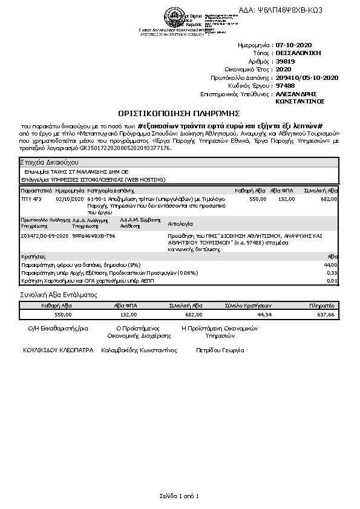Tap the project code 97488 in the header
point(285,86)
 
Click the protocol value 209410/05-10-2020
point(306,77)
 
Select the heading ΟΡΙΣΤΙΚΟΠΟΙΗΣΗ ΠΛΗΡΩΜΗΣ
point(180,113)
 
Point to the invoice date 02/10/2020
point(67,199)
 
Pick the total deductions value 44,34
point(264,315)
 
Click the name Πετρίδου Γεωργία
point(220,350)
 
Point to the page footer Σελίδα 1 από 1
point(180,496)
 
